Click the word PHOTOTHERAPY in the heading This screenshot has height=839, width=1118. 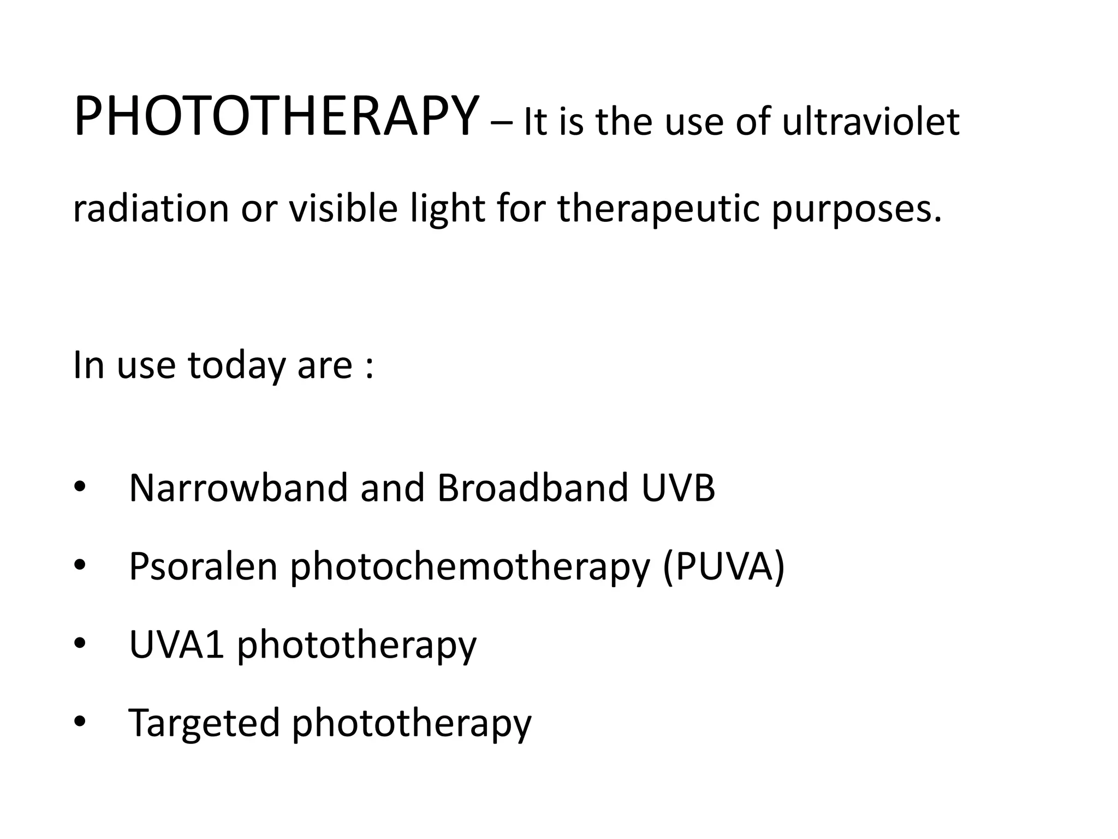(276, 117)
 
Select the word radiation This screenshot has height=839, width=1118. (151, 209)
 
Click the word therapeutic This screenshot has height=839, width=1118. (658, 210)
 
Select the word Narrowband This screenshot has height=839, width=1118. (238, 487)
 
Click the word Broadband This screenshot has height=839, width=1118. (532, 487)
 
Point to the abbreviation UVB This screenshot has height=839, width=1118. (678, 487)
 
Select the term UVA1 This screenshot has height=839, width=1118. (176, 645)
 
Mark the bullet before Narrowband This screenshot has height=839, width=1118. (80, 488)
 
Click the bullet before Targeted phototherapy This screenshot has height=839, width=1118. (80, 723)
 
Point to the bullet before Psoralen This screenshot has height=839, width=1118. (80, 566)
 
